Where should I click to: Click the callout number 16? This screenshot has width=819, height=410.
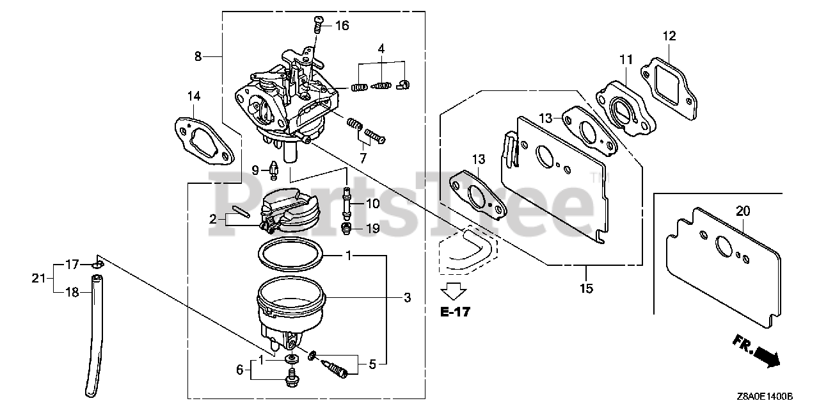[x=342, y=26]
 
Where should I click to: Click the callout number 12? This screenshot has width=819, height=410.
[x=669, y=36]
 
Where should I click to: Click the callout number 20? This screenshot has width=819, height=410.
[x=743, y=211]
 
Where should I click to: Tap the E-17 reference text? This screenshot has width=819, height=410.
[x=455, y=313]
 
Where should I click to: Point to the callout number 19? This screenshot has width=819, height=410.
[x=372, y=228]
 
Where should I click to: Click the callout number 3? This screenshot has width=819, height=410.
[x=407, y=297]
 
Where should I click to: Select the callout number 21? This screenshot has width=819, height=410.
[x=39, y=277]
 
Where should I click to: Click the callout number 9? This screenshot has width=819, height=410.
[x=255, y=170]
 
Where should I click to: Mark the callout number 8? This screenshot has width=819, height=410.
[x=198, y=56]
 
